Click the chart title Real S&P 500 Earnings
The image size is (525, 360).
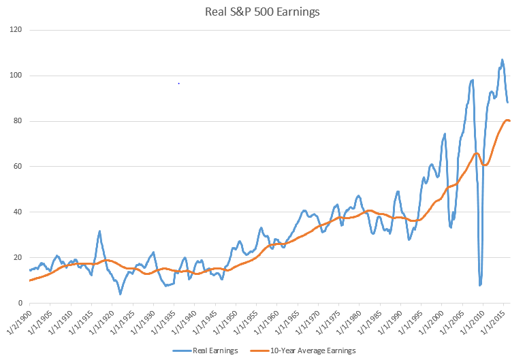tap(262, 12)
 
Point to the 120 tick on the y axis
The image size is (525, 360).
tap(16, 31)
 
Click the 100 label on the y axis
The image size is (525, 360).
tap(16, 76)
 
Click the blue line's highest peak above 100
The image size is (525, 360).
tap(502, 60)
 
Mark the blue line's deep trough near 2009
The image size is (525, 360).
tap(480, 284)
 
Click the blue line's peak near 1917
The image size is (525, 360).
tap(99, 231)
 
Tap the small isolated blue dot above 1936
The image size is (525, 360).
tap(178, 83)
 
